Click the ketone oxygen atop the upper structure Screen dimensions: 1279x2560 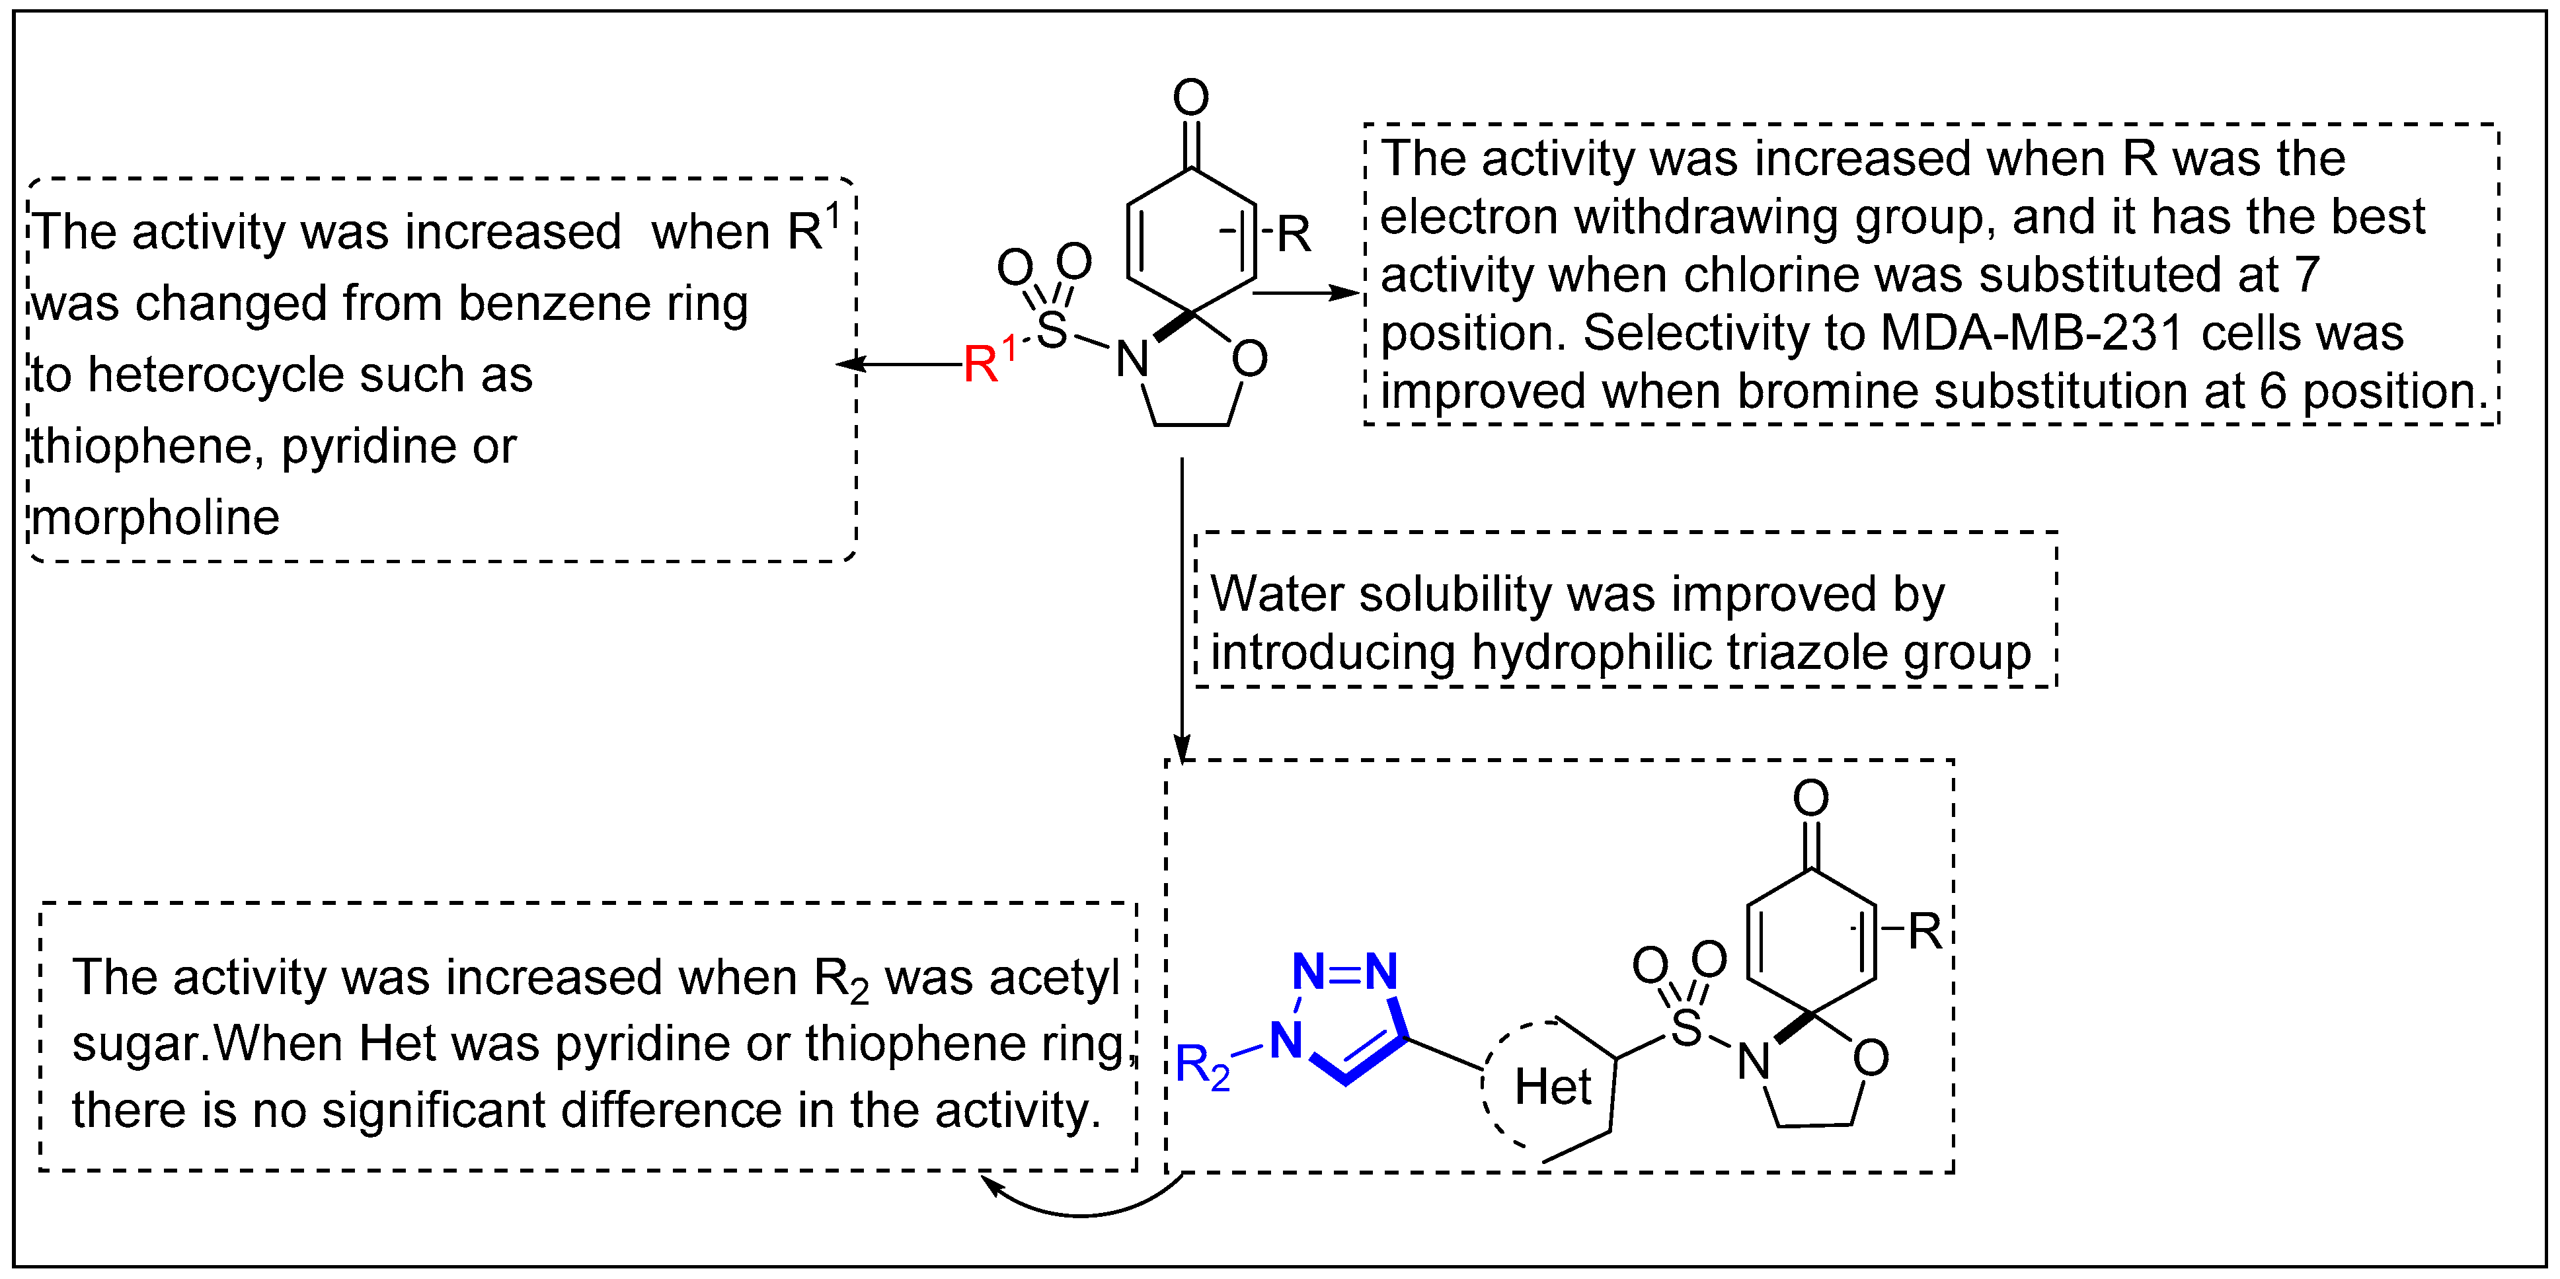click(1190, 97)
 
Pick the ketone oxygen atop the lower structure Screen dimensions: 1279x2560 click(1810, 798)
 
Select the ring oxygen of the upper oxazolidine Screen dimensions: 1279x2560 click(1249, 359)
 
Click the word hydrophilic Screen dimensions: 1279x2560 click(1590, 653)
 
